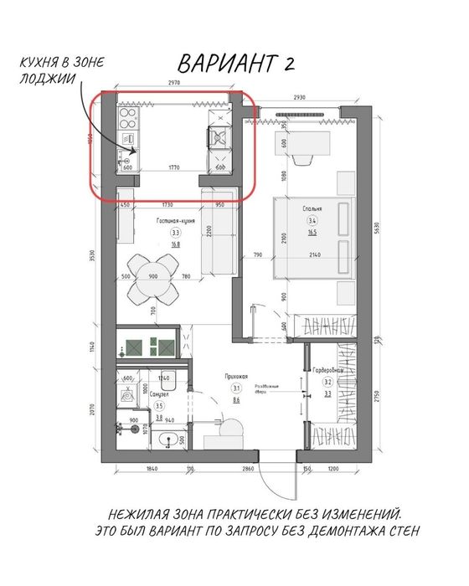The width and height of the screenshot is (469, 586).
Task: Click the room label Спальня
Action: (x=301, y=205)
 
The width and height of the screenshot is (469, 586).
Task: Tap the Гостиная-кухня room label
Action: (x=176, y=220)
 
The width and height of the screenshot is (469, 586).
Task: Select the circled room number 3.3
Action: (x=176, y=233)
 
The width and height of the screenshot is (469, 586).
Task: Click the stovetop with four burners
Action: (x=130, y=116)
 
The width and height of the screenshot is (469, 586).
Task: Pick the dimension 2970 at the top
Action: (x=174, y=84)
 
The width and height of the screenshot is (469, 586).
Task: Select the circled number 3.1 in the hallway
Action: (x=236, y=388)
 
